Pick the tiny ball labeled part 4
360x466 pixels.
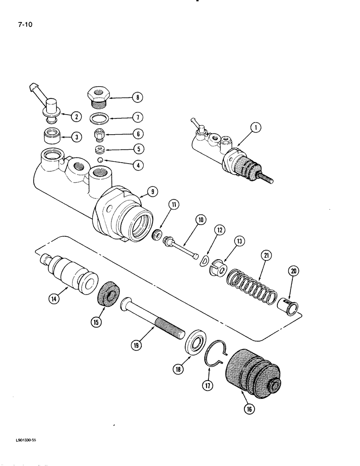99,160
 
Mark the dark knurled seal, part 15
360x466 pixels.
110,294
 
